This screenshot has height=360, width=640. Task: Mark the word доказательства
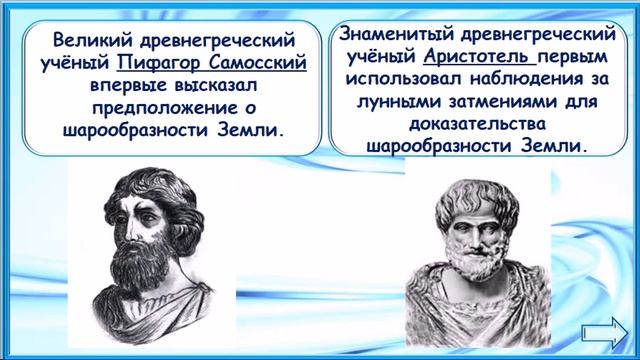click(x=473, y=124)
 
